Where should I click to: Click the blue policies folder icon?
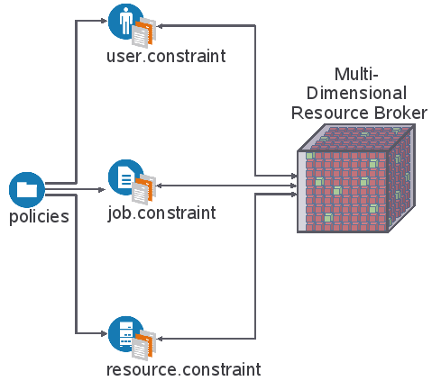[x=27, y=190]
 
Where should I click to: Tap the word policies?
[x=39, y=217]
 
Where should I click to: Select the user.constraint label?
[x=166, y=56]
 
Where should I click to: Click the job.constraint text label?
[x=161, y=213]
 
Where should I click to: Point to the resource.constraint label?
[x=184, y=369]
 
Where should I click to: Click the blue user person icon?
[x=125, y=21]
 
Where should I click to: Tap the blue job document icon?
[x=125, y=177]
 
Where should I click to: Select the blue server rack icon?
[x=125, y=334]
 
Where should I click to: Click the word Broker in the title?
[x=400, y=113]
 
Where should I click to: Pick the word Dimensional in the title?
[x=356, y=93]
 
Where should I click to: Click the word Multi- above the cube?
[x=356, y=74]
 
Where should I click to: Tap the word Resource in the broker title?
[x=330, y=113]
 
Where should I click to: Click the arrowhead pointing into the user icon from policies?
[x=104, y=21]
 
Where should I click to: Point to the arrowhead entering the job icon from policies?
[x=102, y=189]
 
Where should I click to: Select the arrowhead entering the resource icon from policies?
[x=104, y=333]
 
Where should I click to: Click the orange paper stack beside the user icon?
[x=144, y=32]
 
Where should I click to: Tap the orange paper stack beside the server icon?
[x=144, y=345]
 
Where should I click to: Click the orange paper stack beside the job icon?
[x=144, y=189]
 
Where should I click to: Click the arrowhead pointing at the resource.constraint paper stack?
[x=160, y=339]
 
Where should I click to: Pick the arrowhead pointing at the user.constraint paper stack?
[x=160, y=26]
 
